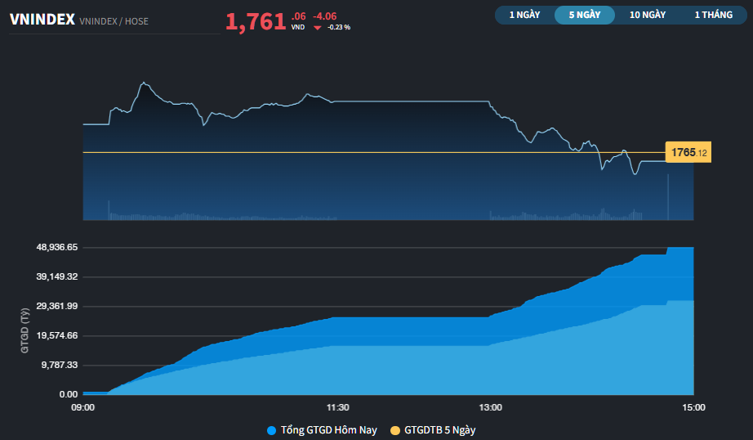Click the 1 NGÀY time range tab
click(524, 15)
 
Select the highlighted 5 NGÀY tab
click(585, 15)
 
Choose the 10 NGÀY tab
click(648, 15)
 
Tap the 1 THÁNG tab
click(713, 15)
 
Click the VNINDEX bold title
click(42, 20)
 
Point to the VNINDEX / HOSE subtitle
click(114, 21)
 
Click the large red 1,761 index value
click(256, 22)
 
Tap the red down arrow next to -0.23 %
click(318, 27)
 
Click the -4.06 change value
click(324, 16)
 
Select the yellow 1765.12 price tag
click(688, 152)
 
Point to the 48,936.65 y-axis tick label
click(56, 247)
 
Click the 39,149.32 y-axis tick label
click(56, 276)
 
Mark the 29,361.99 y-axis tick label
click(56, 306)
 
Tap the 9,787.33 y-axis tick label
click(59, 365)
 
